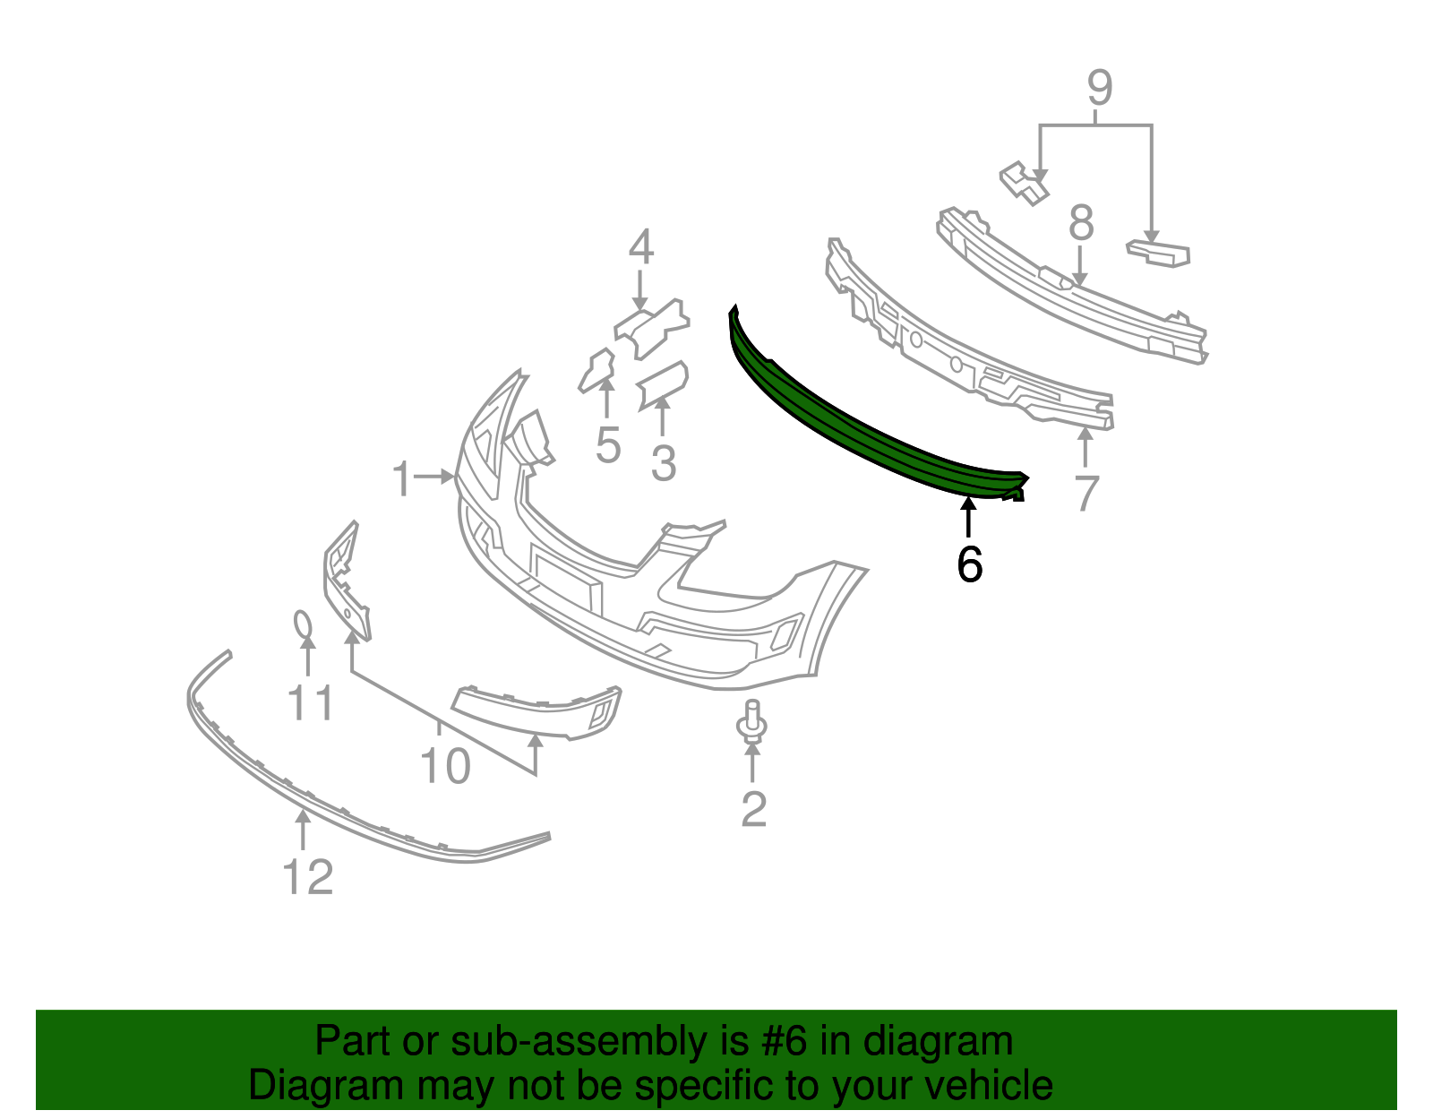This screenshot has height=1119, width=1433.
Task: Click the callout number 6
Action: coord(969,564)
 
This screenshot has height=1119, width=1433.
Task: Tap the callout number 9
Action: coord(1099,88)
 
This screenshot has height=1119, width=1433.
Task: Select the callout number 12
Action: coord(307,876)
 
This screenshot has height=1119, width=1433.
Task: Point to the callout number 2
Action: coord(754,808)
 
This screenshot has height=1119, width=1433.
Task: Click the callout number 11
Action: coord(311,702)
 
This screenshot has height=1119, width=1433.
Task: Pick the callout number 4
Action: coord(641,246)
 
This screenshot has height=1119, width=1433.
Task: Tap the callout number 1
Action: coord(401,478)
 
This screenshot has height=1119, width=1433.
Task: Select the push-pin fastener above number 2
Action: coord(751,723)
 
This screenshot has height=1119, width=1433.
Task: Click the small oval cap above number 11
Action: coord(303,624)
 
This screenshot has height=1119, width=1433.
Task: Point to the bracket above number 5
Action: coord(598,370)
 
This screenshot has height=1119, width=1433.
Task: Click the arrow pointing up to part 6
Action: coord(968,518)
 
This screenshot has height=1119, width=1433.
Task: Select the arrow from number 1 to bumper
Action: coord(434,476)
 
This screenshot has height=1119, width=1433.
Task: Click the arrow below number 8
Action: coord(1079,266)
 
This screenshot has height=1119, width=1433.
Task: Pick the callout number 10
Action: coord(445,766)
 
